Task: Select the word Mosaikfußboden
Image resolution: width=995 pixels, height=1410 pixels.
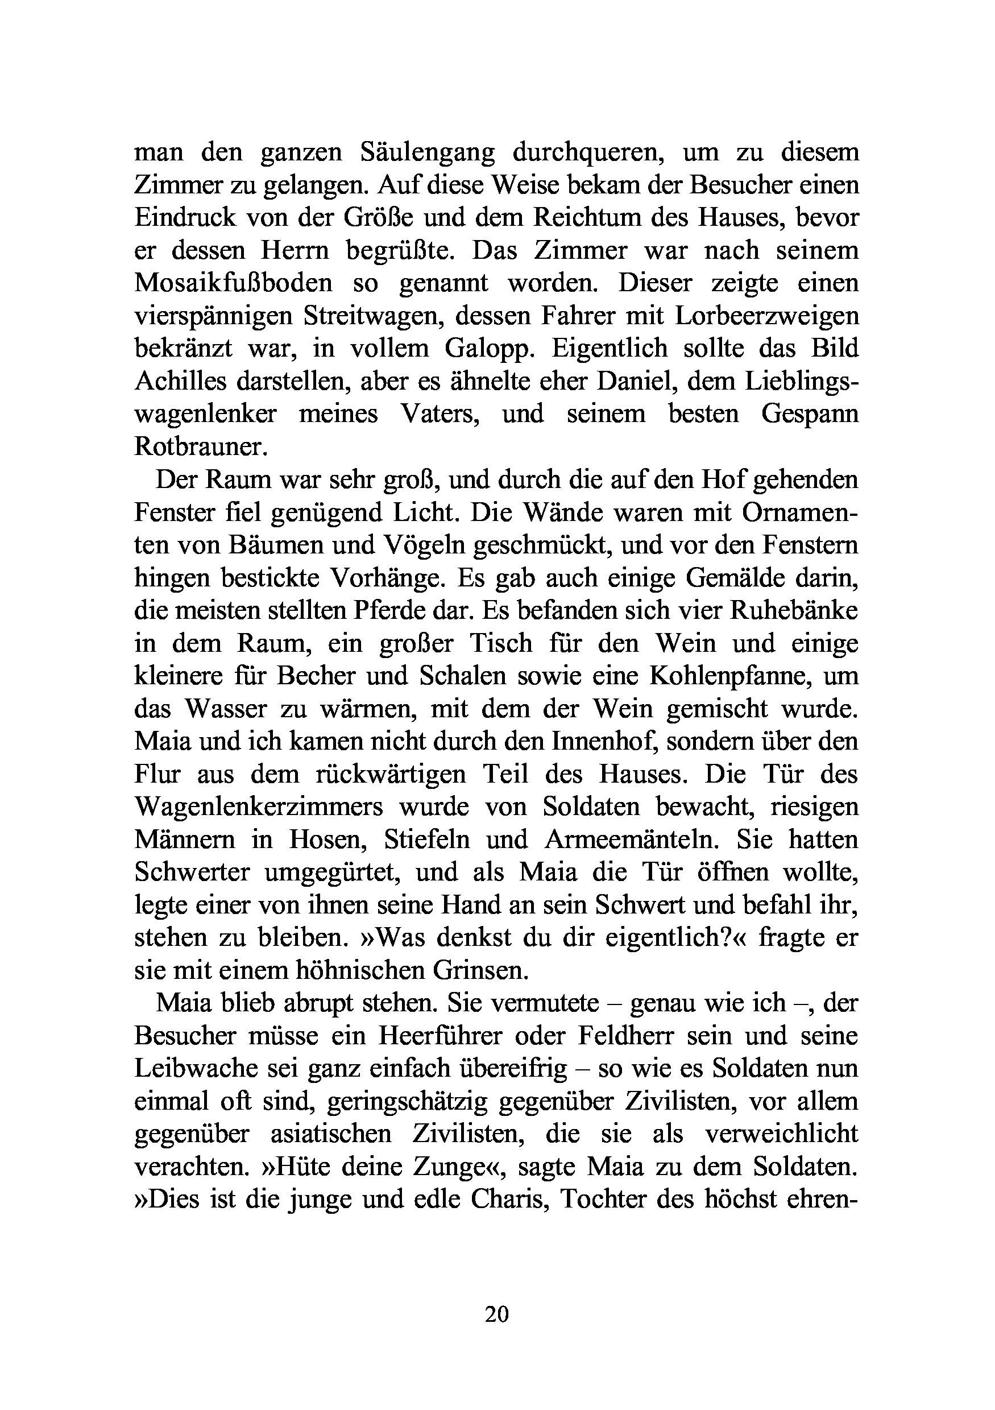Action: click(x=233, y=283)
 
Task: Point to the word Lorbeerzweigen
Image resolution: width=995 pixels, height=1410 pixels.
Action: click(x=766, y=316)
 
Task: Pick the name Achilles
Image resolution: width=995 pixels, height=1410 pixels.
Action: click(x=180, y=381)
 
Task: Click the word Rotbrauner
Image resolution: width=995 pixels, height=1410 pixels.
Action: click(x=201, y=446)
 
